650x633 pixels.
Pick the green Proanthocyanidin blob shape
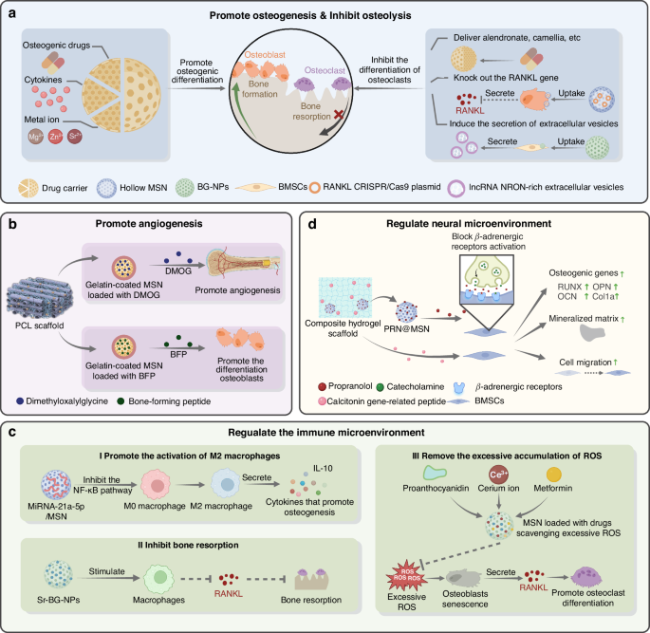[435, 475]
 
